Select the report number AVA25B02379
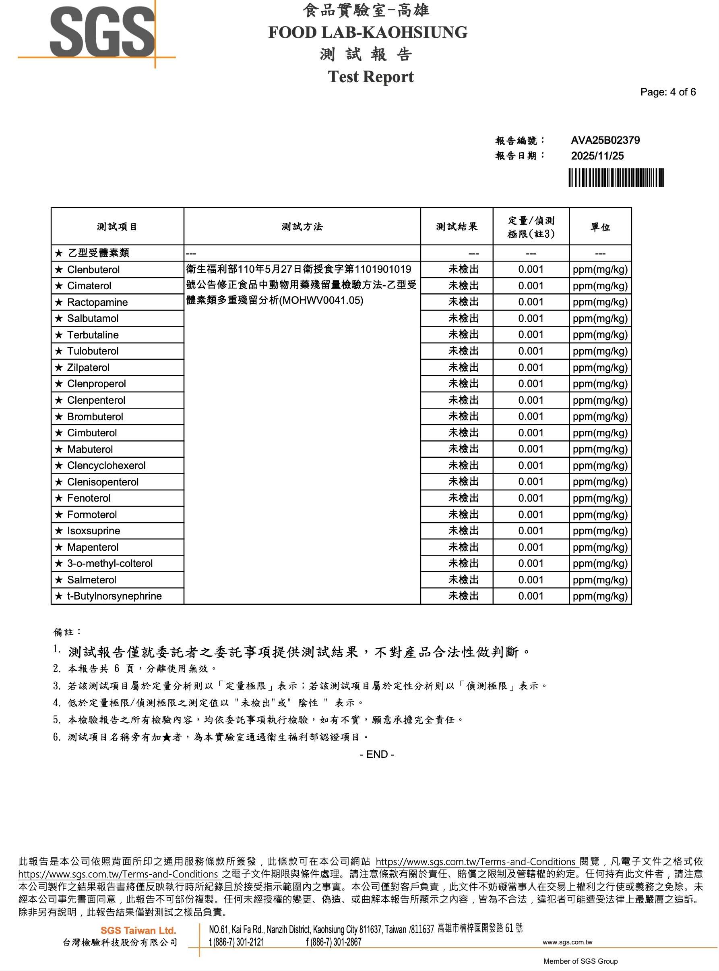pos(605,140)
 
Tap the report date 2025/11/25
pos(597,156)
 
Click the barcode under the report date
pos(616,178)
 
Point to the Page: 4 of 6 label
pos(667,92)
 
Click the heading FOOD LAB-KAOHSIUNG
pos(368,32)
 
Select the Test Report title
pos(370,77)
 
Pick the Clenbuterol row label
pos(93,270)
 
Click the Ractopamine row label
pos(97,302)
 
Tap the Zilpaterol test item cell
pos(88,368)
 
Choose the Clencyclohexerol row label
pos(106,466)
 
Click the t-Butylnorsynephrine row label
pos(114,596)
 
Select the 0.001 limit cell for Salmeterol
pos(531,580)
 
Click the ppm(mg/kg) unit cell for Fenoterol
pos(600,498)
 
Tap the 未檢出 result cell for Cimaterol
pos(463,286)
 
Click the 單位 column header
pos(600,227)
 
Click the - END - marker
pos(377,755)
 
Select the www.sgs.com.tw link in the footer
pos(567,942)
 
